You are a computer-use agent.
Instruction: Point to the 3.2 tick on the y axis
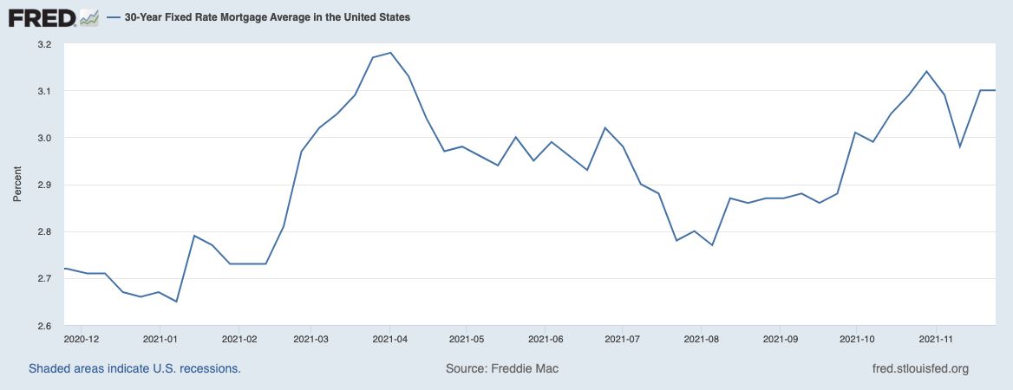click(x=44, y=44)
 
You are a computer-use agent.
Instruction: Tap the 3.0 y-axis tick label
click(x=44, y=138)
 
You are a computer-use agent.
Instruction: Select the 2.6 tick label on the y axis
click(x=44, y=325)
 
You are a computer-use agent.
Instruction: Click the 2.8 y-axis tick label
click(x=44, y=231)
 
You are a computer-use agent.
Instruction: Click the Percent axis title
click(x=16, y=185)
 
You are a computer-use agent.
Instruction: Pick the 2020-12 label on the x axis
click(x=83, y=339)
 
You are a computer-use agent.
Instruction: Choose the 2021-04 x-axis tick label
click(x=389, y=339)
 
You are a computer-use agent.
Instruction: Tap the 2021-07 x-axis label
click(x=623, y=339)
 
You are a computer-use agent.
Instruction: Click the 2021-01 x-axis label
click(x=160, y=339)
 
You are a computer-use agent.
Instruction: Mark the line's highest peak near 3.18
click(x=390, y=53)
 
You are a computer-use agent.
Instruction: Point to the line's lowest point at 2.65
click(x=177, y=302)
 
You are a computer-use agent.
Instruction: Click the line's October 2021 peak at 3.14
click(x=926, y=71)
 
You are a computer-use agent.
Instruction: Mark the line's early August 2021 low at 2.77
click(x=712, y=245)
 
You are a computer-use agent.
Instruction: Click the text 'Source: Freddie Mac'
click(x=502, y=368)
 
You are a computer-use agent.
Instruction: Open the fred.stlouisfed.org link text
click(x=919, y=368)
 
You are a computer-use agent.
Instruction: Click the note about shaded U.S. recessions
click(x=134, y=368)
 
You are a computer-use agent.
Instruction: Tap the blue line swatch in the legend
click(x=114, y=16)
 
